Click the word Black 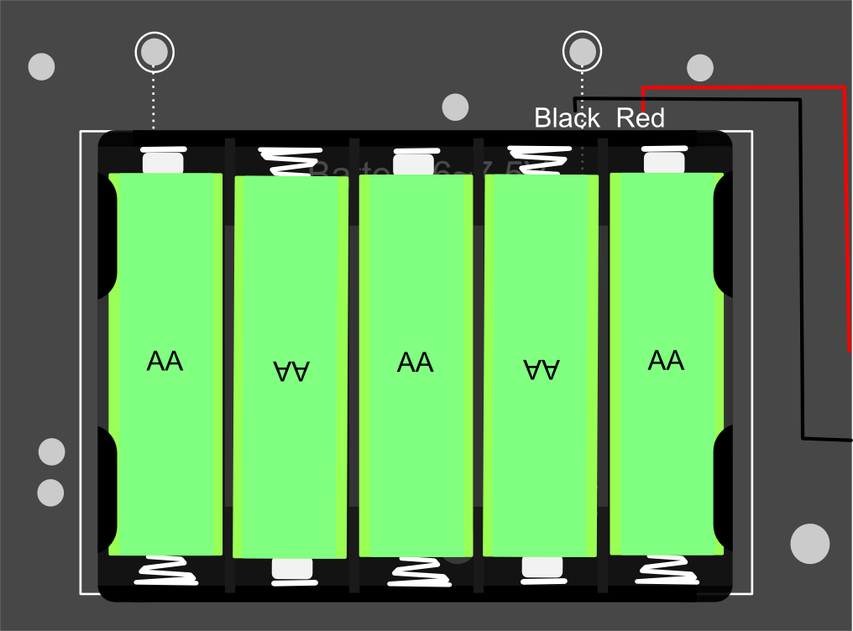pyautogui.click(x=567, y=118)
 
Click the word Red pyautogui.click(x=641, y=118)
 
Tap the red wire pyautogui.click(x=844, y=210)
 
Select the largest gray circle pyautogui.click(x=809, y=544)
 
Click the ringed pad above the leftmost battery pyautogui.click(x=154, y=52)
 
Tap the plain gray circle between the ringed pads pyautogui.click(x=455, y=107)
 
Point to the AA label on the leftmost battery pyautogui.click(x=165, y=362)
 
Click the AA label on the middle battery pyautogui.click(x=415, y=362)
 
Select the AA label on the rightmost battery pyautogui.click(x=666, y=361)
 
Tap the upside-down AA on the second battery pyautogui.click(x=291, y=371)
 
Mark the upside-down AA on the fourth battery pyautogui.click(x=542, y=370)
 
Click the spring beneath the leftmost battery pyautogui.click(x=167, y=571)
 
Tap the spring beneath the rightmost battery pyautogui.click(x=667, y=569)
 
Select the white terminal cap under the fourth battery pyautogui.click(x=542, y=568)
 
